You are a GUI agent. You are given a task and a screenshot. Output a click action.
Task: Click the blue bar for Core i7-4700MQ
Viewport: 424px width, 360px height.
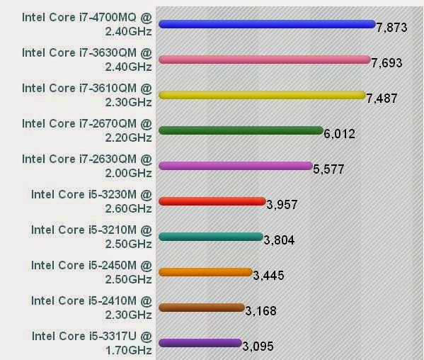pos(266,24)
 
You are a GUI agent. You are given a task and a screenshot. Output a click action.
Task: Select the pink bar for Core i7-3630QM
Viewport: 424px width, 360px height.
pos(264,60)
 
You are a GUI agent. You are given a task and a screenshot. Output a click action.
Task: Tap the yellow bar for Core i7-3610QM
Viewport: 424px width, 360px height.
pos(262,95)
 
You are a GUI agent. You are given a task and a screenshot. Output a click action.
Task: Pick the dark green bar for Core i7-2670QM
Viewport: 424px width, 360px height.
pos(241,130)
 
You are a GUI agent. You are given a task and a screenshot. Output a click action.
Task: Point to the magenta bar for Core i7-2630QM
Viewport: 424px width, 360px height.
pos(235,166)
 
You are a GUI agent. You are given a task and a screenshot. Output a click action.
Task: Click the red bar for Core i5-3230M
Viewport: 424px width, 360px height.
pos(212,201)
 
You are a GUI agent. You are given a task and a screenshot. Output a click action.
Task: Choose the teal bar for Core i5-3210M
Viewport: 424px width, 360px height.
pos(210,237)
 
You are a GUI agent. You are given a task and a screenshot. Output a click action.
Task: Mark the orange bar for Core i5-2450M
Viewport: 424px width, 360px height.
pos(205,272)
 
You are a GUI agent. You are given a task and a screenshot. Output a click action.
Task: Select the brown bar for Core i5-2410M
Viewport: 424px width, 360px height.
pos(202,308)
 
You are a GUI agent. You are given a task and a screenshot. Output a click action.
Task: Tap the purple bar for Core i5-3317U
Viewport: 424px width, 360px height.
pos(200,343)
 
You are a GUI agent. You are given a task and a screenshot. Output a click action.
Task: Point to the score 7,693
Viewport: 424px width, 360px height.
pos(386,63)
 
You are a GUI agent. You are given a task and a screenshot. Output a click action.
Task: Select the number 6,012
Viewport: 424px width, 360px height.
pos(339,134)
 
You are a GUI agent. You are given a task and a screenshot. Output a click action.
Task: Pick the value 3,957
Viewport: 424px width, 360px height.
pos(282,205)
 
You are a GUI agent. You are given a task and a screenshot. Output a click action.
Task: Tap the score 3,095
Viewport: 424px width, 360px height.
pos(258,347)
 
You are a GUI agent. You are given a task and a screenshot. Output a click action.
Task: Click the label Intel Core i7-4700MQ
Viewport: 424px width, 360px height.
pos(86,17)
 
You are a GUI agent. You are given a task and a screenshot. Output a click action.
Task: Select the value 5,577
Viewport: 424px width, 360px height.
pos(328,169)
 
